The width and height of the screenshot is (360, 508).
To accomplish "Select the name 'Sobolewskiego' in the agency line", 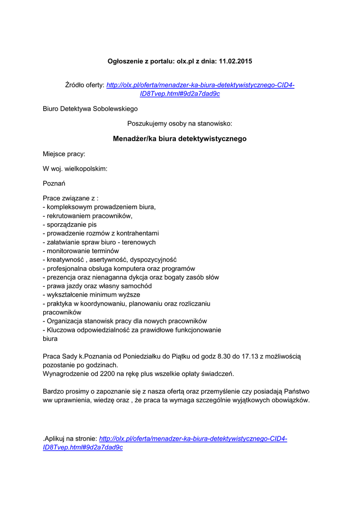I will pos(115,109).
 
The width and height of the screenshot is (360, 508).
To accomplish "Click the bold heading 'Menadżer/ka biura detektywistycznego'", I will pos(180,139).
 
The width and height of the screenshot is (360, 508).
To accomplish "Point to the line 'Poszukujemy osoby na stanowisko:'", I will pos(180,122).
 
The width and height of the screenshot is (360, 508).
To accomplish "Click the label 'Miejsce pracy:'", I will pos(64,154).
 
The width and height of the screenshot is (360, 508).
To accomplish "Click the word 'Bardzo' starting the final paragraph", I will pos(53,391).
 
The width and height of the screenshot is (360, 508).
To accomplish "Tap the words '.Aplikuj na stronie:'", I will pos(70,439).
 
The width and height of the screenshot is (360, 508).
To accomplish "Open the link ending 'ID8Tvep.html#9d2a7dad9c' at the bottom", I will pos(83,447).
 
